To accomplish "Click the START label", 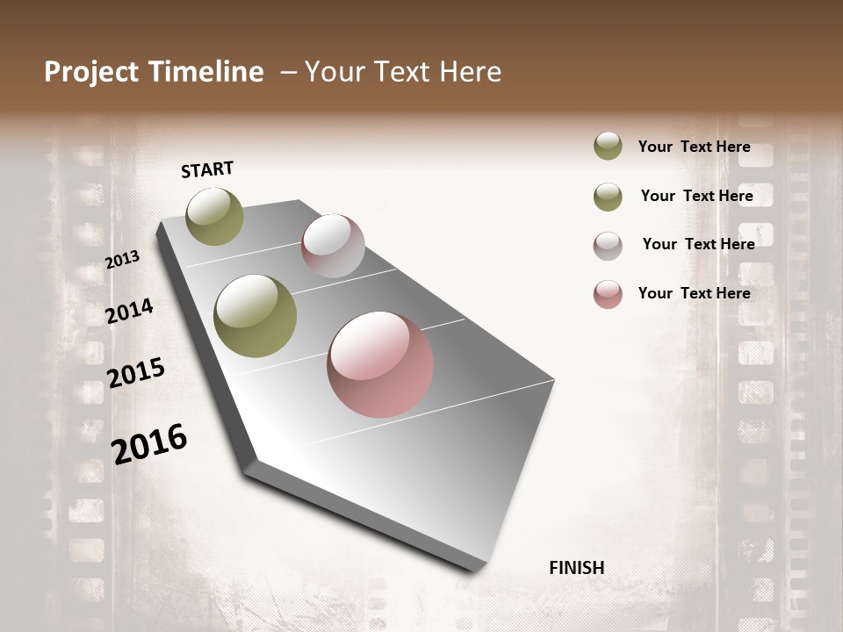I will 207,169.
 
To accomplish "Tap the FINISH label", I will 576,568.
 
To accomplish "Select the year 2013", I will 122,260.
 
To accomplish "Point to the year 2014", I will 129,311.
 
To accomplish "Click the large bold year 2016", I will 149,443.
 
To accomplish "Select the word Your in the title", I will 335,72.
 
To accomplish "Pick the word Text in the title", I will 400,72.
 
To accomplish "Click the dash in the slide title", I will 287,72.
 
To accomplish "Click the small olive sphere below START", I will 214,216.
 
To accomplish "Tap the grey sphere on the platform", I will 333,246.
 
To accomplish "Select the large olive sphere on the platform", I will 256,316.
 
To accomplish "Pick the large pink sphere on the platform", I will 380,364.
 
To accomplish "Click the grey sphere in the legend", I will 608,245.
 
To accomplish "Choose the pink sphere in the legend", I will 608,294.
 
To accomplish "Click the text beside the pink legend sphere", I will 694,293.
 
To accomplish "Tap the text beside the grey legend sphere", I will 698,244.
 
